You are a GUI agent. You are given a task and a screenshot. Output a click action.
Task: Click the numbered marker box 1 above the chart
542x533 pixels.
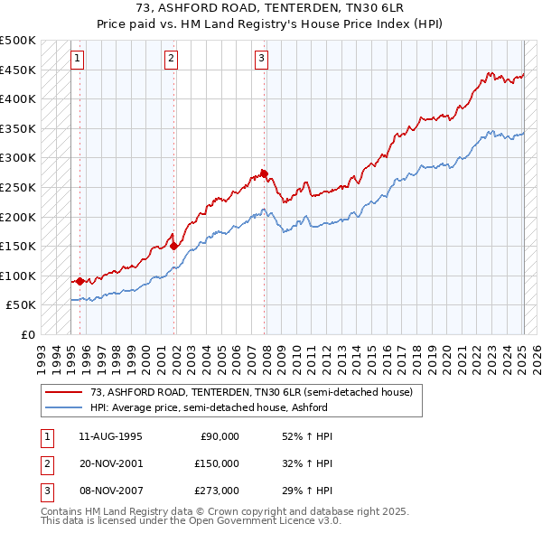click(79, 60)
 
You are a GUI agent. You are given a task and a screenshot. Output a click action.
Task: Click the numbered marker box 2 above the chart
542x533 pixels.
click(172, 60)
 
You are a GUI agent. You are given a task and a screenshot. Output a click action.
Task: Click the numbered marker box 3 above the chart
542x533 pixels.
click(261, 60)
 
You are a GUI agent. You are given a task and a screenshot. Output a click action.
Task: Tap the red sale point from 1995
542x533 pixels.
click(79, 281)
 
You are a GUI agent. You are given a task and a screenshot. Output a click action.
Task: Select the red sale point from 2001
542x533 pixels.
click(173, 246)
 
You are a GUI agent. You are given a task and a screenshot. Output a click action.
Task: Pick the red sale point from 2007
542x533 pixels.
click(264, 173)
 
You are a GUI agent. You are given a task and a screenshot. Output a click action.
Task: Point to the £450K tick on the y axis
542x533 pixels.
click(18, 70)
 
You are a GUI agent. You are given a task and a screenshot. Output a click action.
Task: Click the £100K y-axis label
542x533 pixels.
click(18, 276)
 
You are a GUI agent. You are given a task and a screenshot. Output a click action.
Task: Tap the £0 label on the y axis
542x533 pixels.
click(27, 334)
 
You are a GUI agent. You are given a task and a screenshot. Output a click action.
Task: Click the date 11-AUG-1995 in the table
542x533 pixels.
click(104, 436)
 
